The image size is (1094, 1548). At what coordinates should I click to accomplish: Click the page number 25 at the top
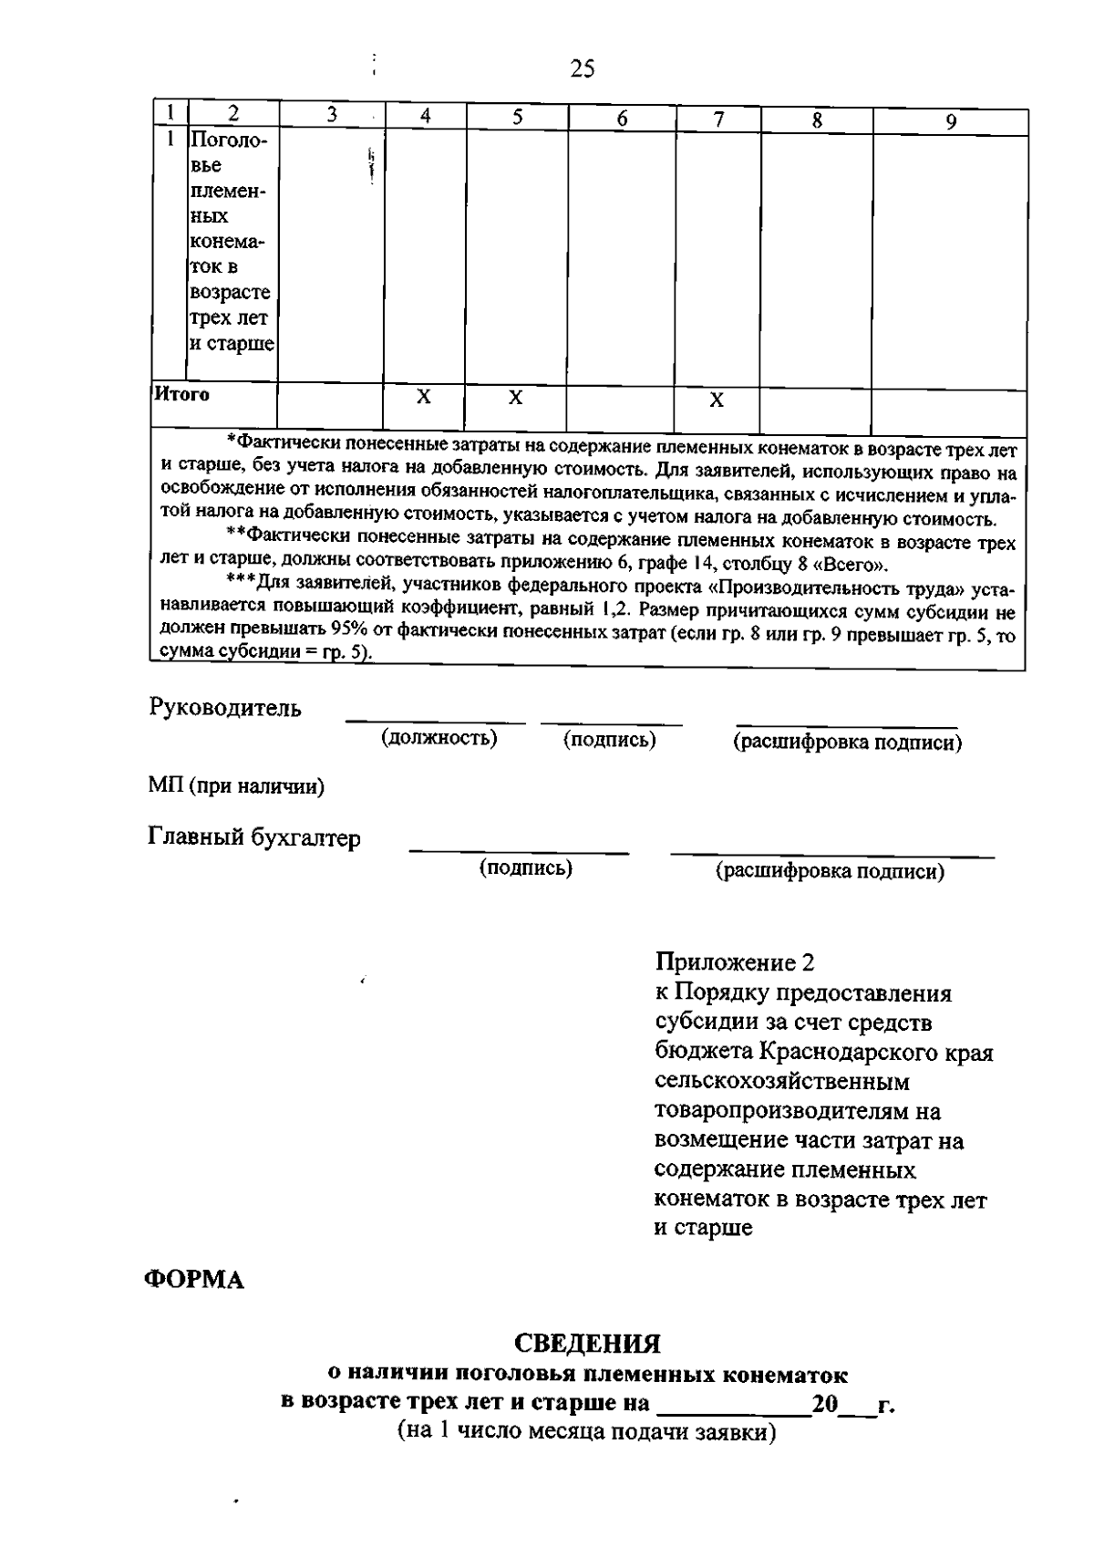pyautogui.click(x=583, y=68)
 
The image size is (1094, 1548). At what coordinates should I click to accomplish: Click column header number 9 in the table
pyautogui.click(x=950, y=121)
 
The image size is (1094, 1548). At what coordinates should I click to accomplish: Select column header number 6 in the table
pyautogui.click(x=622, y=119)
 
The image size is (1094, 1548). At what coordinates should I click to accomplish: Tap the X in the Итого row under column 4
pyautogui.click(x=424, y=398)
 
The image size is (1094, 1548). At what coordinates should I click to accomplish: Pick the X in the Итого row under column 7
pyautogui.click(x=717, y=400)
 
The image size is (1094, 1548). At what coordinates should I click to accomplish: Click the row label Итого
pyautogui.click(x=181, y=394)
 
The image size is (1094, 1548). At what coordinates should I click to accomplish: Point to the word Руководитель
pyautogui.click(x=224, y=708)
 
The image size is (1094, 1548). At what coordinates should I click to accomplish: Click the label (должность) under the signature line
pyautogui.click(x=439, y=737)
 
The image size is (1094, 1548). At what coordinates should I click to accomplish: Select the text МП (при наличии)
pyautogui.click(x=236, y=786)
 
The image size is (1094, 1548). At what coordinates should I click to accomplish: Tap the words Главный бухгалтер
pyautogui.click(x=254, y=838)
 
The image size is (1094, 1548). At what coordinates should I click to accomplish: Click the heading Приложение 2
pyautogui.click(x=735, y=962)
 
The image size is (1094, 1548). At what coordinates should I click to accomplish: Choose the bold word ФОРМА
pyautogui.click(x=195, y=1281)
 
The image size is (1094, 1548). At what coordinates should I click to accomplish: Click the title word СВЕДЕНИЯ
pyautogui.click(x=587, y=1344)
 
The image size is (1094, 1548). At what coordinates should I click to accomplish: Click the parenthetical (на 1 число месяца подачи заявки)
pyautogui.click(x=586, y=1431)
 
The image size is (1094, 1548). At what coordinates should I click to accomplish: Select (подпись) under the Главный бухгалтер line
pyautogui.click(x=526, y=868)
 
